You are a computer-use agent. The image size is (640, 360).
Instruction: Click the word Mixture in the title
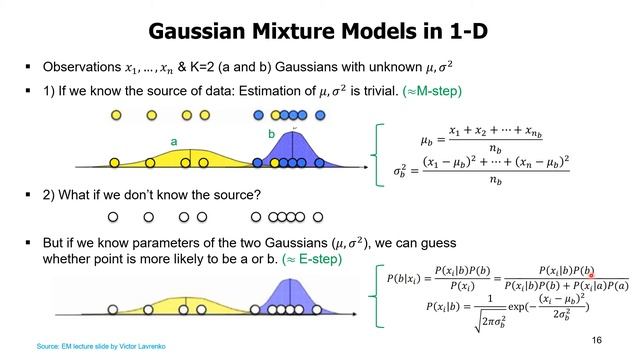click(303, 31)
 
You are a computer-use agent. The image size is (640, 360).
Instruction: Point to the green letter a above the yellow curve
click(173, 143)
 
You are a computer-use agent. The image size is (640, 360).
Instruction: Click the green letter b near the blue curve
click(271, 133)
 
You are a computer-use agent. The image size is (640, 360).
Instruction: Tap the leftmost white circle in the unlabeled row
click(113, 216)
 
